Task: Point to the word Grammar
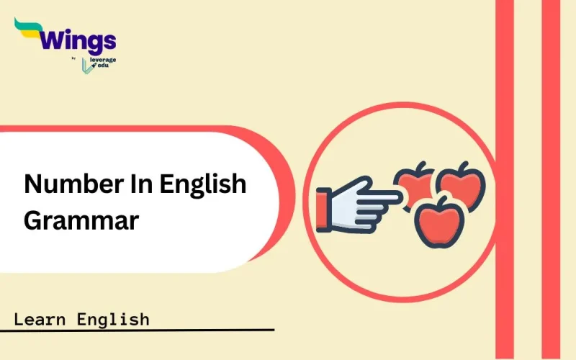tap(81, 220)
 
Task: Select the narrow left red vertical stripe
tap(505, 180)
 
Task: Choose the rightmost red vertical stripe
tap(551, 180)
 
